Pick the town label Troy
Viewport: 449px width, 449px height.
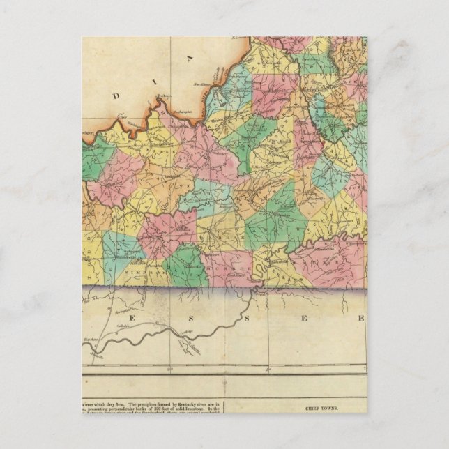click(124, 116)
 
